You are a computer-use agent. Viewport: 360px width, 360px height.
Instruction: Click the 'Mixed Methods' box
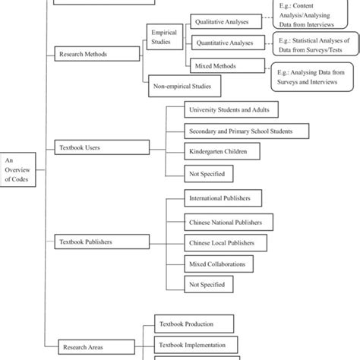216,65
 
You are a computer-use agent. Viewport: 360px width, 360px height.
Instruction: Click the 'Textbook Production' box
186,323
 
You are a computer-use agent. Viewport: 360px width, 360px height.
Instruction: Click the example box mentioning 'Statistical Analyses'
313,45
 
